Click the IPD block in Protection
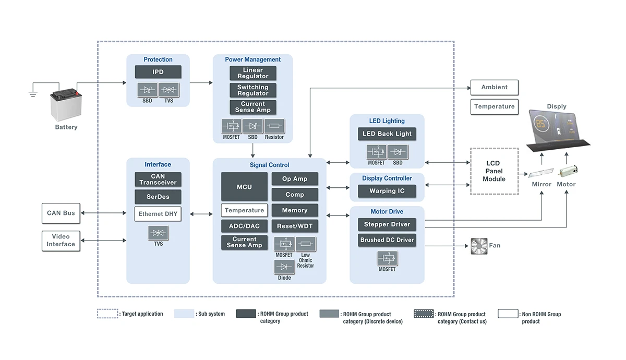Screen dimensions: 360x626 tap(158, 72)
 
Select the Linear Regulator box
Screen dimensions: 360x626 tap(253, 73)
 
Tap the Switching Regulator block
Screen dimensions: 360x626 tap(253, 90)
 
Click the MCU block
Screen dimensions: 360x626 tap(244, 187)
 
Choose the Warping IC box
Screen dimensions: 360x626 tap(387, 191)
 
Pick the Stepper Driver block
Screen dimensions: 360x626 tap(387, 224)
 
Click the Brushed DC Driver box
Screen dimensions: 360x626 tap(387, 240)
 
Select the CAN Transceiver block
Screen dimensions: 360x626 tap(158, 179)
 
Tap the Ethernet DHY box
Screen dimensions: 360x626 tap(158, 214)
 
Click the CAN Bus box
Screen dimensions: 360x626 tap(61, 213)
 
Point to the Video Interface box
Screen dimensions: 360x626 tap(61, 241)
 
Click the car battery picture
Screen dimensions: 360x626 tap(67, 105)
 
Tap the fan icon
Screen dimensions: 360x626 tap(478, 246)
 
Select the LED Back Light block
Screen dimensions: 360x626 tap(387, 134)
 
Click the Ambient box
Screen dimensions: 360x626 tap(494, 88)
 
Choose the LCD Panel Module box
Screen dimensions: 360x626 tap(494, 171)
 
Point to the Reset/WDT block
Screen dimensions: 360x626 tap(295, 226)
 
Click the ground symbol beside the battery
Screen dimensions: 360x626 tap(32, 94)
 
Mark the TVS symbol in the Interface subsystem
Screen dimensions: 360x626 tap(158, 233)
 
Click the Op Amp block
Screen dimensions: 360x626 tap(295, 179)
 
